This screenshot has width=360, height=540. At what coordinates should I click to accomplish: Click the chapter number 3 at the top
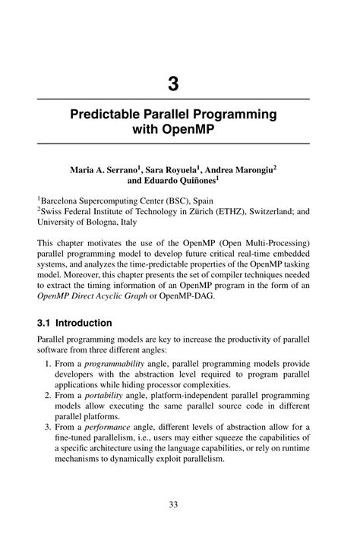[x=174, y=84]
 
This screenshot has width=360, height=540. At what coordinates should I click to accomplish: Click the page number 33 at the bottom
[x=174, y=504]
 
